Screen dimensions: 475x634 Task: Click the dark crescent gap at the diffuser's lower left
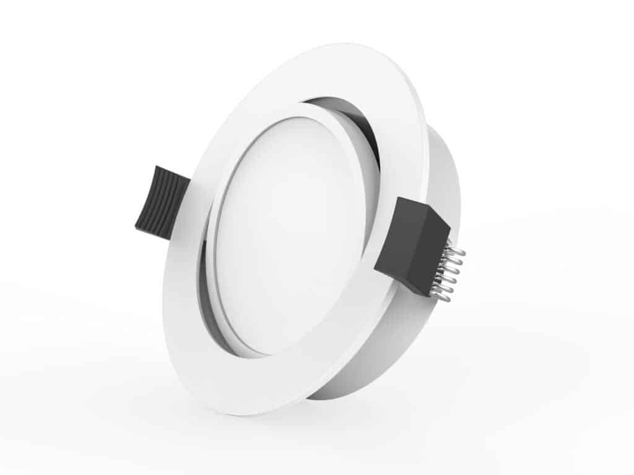coord(214,309)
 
